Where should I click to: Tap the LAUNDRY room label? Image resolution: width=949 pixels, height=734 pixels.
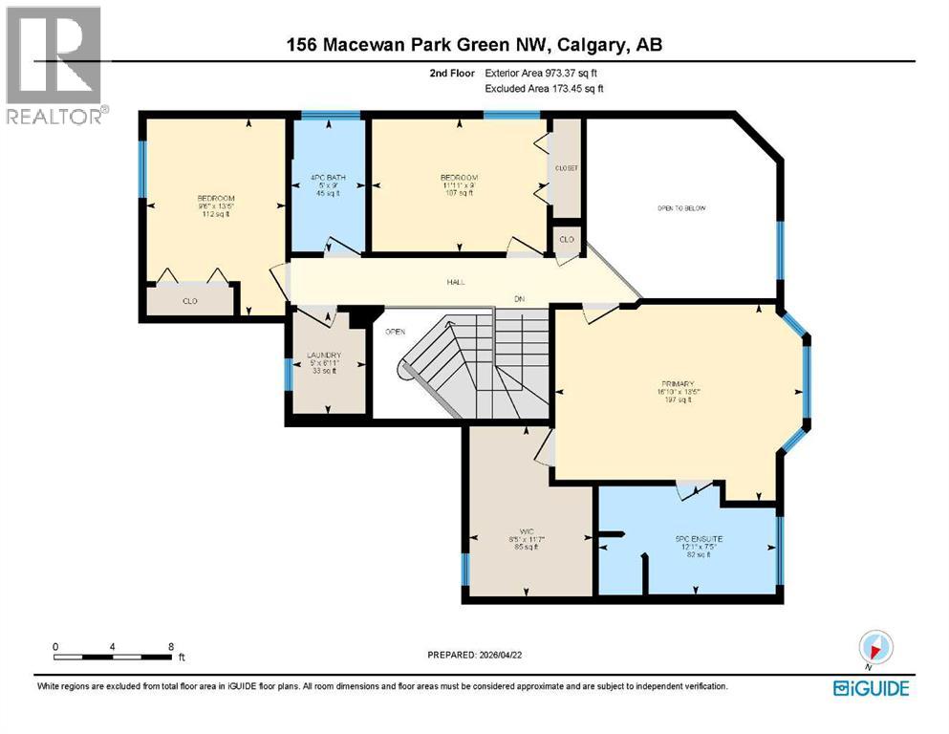(324, 356)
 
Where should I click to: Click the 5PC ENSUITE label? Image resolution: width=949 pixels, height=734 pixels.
(699, 539)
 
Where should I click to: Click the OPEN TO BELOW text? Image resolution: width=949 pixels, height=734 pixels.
(680, 208)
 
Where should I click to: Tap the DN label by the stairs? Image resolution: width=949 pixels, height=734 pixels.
(519, 299)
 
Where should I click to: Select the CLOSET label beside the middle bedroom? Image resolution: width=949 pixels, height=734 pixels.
(567, 168)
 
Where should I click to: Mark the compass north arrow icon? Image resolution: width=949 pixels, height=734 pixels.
(875, 647)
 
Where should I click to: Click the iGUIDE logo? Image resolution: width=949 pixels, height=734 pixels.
(870, 688)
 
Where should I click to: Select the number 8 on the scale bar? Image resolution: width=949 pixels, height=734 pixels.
(170, 647)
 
